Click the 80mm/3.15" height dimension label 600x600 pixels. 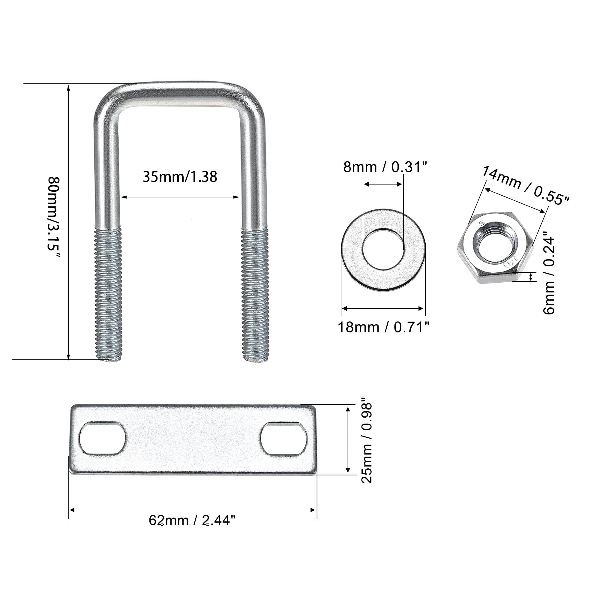tap(53, 217)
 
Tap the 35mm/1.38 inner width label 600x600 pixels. tap(180, 177)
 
